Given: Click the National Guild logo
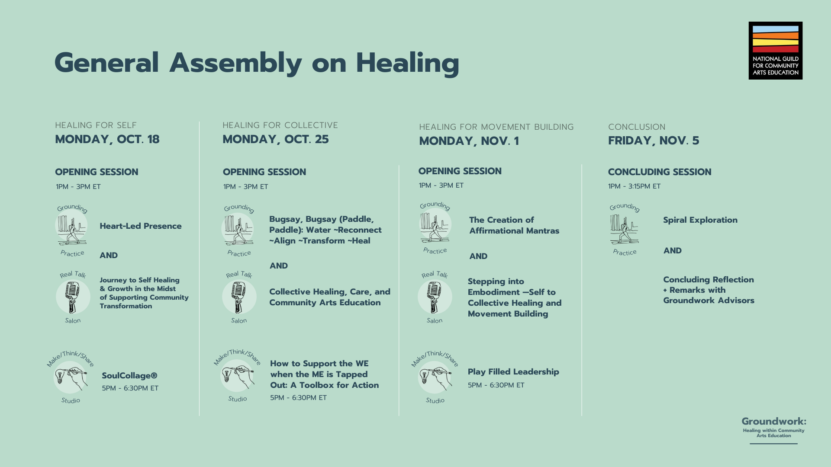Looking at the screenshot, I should point(775,51).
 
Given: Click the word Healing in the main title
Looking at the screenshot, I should point(407,64).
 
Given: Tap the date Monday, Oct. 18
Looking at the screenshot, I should point(107,139).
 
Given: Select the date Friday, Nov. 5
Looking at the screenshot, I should point(653,141).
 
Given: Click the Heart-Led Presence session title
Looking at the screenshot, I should point(141,226).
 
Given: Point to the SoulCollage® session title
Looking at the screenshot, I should point(129,376).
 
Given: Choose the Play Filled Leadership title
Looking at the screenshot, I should point(513,372).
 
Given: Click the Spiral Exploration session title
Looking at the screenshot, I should point(700,220).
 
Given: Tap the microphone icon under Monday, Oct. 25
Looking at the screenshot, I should point(238,297).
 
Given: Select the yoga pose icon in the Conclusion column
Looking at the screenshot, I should point(624,229).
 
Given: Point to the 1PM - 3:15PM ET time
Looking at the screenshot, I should point(634,186).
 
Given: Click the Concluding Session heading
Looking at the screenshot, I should point(659,172).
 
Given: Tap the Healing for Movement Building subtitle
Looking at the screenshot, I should point(496,127).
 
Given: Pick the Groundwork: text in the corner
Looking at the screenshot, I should point(773,422).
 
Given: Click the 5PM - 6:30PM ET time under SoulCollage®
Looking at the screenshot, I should point(130,388).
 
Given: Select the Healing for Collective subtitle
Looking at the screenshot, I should point(280,125).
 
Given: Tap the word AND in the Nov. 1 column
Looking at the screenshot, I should point(478,256).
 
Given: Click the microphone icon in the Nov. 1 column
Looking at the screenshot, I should point(435,297).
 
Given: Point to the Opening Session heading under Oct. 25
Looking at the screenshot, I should point(264,172).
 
